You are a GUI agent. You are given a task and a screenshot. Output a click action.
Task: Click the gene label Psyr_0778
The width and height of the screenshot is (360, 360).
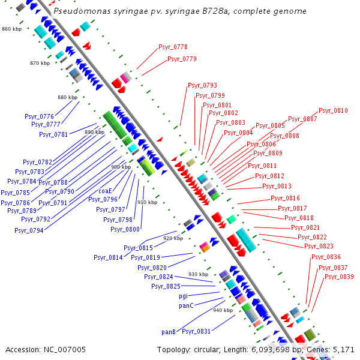click(x=173, y=47)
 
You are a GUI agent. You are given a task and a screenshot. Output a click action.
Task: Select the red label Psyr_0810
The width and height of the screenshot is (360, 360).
click(x=333, y=110)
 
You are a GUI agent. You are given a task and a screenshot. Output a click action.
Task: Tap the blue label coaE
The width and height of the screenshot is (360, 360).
click(x=105, y=191)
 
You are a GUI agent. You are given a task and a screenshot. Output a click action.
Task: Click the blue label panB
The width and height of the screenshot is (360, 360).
click(x=169, y=331)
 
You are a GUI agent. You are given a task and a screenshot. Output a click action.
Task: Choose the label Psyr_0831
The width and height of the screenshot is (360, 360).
click(x=196, y=331)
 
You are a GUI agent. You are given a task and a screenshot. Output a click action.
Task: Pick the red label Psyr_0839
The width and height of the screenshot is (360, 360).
click(x=338, y=277)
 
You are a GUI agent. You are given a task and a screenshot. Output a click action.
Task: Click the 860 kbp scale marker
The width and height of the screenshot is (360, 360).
click(x=11, y=29)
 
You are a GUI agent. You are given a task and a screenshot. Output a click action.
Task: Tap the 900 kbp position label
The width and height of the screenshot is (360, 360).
click(x=121, y=167)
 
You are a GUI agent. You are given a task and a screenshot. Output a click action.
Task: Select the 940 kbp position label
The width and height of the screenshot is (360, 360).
click(x=223, y=310)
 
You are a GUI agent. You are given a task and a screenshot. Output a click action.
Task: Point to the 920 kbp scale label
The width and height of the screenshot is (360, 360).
click(x=173, y=238)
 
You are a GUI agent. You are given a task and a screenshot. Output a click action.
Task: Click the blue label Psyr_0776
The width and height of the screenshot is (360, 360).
click(x=39, y=116)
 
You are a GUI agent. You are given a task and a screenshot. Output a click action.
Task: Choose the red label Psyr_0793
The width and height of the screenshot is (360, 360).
click(x=202, y=85)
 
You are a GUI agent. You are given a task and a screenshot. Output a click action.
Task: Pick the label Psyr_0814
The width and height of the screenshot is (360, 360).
click(x=108, y=257)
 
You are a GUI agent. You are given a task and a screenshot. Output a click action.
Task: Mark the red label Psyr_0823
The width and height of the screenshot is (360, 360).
click(x=319, y=246)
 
